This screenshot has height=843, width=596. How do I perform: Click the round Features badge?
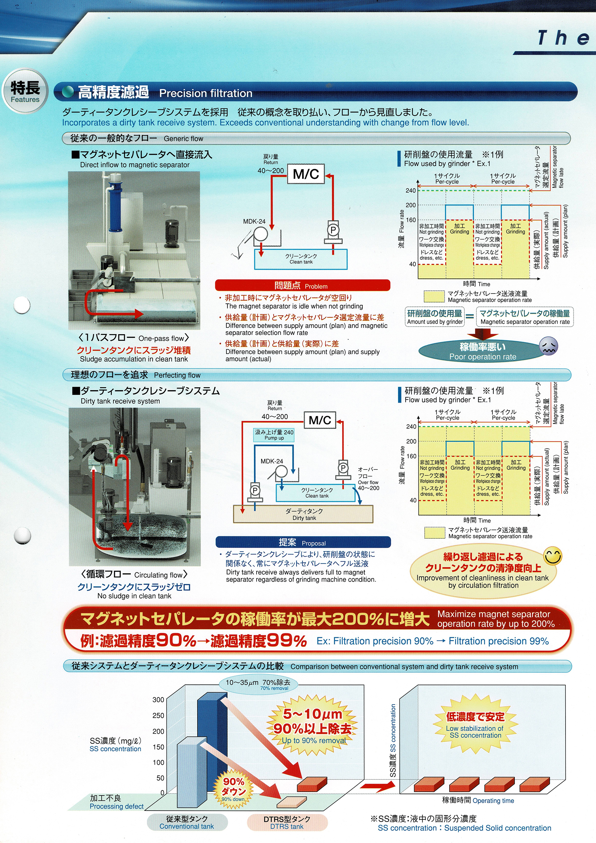pyautogui.click(x=25, y=92)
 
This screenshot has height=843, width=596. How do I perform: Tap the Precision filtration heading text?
pyautogui.click(x=206, y=93)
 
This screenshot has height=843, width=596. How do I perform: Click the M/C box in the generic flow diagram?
pyautogui.click(x=305, y=174)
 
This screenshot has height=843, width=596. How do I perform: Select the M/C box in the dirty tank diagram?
pyautogui.click(x=320, y=420)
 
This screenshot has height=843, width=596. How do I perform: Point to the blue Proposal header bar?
pyautogui.click(x=303, y=542)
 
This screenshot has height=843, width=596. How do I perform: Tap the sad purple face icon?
pyautogui.click(x=548, y=346)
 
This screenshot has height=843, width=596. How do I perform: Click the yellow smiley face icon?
pyautogui.click(x=553, y=556)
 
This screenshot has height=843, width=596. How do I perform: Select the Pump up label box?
pyautogui.click(x=274, y=435)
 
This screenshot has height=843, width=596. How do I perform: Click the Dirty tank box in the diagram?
pyautogui.click(x=303, y=514)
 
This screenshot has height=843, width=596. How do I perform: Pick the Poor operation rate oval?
pyautogui.click(x=483, y=351)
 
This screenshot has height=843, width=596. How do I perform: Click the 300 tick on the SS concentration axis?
pyautogui.click(x=158, y=700)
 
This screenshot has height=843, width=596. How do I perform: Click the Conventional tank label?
pyautogui.click(x=187, y=822)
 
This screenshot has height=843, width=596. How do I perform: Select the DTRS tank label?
pyautogui.click(x=287, y=822)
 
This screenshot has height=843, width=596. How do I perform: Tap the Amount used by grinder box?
pyautogui.click(x=435, y=316)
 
